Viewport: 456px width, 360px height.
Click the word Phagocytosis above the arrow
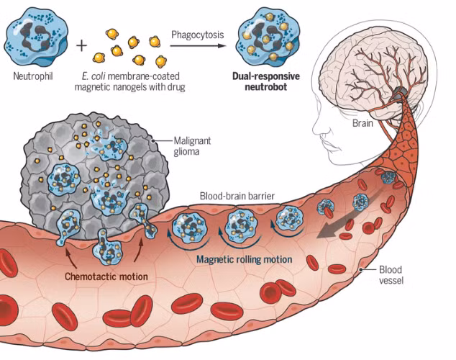click(197, 34)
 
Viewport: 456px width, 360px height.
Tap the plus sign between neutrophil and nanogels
click(81, 45)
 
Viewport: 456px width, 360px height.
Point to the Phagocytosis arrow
click(197, 45)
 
